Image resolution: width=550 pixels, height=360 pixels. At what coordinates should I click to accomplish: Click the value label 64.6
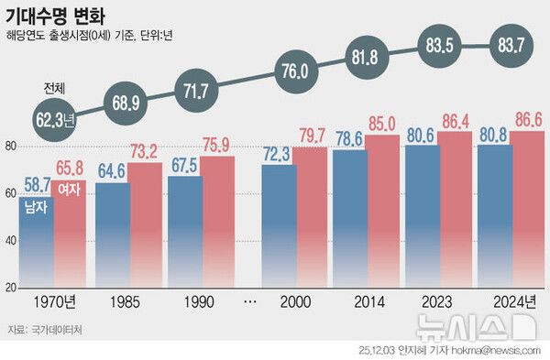pos(112,170)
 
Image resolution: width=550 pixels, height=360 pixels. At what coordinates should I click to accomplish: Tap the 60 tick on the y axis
pos(10,193)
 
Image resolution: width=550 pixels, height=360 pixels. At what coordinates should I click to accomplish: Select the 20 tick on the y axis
pos(10,288)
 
